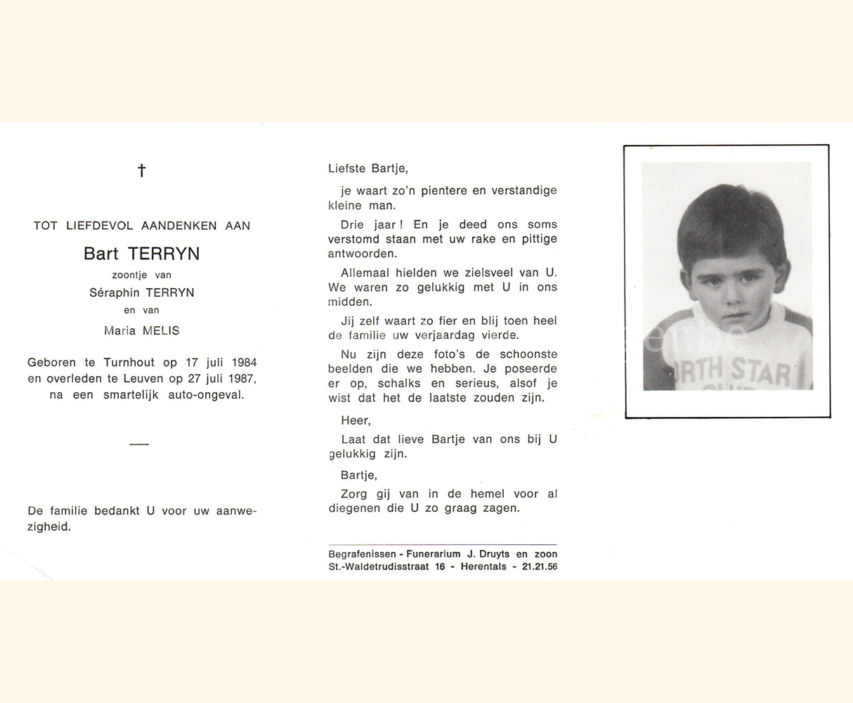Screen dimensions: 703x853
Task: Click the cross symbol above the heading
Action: tap(141, 170)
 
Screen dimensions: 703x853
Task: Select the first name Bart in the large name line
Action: tap(101, 254)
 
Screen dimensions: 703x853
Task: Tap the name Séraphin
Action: tap(115, 292)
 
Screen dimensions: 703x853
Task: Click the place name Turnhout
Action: tap(131, 363)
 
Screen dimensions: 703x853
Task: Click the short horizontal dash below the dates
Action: tap(139, 444)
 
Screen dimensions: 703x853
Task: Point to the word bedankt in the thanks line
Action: tap(116, 511)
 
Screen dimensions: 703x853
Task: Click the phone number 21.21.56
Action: tap(540, 567)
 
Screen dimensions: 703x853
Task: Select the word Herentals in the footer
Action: tap(483, 567)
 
